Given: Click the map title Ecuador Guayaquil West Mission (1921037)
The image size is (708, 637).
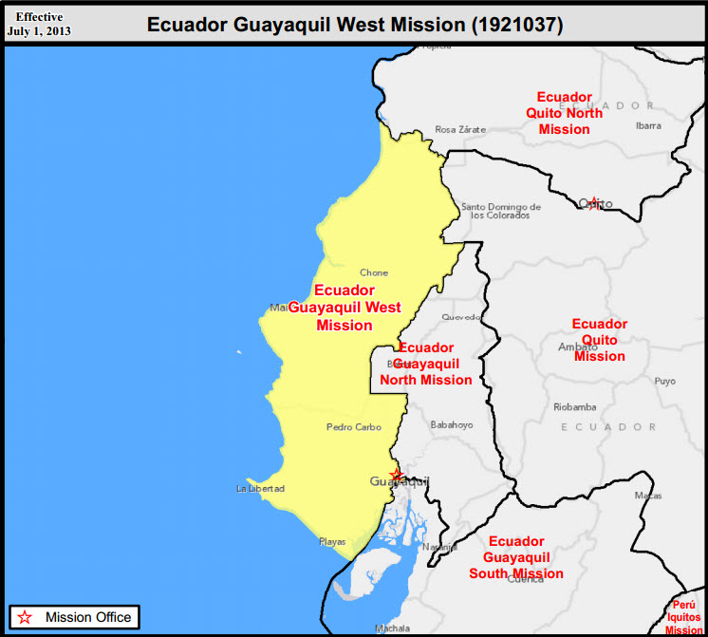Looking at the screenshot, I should click(x=354, y=25).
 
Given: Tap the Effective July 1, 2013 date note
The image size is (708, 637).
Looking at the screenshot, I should click(x=39, y=24).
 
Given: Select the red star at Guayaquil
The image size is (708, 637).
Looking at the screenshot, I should click(x=397, y=474).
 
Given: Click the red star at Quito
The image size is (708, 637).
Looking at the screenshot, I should click(x=593, y=203).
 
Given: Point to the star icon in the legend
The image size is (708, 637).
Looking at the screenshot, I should click(x=26, y=617).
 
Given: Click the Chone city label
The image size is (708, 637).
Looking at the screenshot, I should click(x=374, y=273).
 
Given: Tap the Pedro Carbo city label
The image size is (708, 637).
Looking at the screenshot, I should click(x=354, y=427).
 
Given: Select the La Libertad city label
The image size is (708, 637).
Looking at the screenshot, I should click(x=260, y=489).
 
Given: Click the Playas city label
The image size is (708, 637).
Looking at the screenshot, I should click(x=332, y=542).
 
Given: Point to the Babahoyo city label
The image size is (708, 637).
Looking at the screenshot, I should click(x=452, y=424).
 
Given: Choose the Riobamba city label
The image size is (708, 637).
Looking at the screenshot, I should click(x=575, y=407).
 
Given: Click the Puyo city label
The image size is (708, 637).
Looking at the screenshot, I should click(x=665, y=382).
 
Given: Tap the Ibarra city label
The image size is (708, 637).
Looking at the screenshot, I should click(x=648, y=125).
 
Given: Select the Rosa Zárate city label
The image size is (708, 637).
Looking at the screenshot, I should click(x=460, y=129).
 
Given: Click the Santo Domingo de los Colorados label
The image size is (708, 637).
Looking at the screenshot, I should click(x=500, y=211).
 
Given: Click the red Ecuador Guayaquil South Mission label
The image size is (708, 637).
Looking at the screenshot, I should click(x=516, y=557).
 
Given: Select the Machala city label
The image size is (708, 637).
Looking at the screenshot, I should click(x=392, y=628).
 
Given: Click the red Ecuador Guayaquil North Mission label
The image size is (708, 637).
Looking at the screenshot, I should click(x=426, y=364).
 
